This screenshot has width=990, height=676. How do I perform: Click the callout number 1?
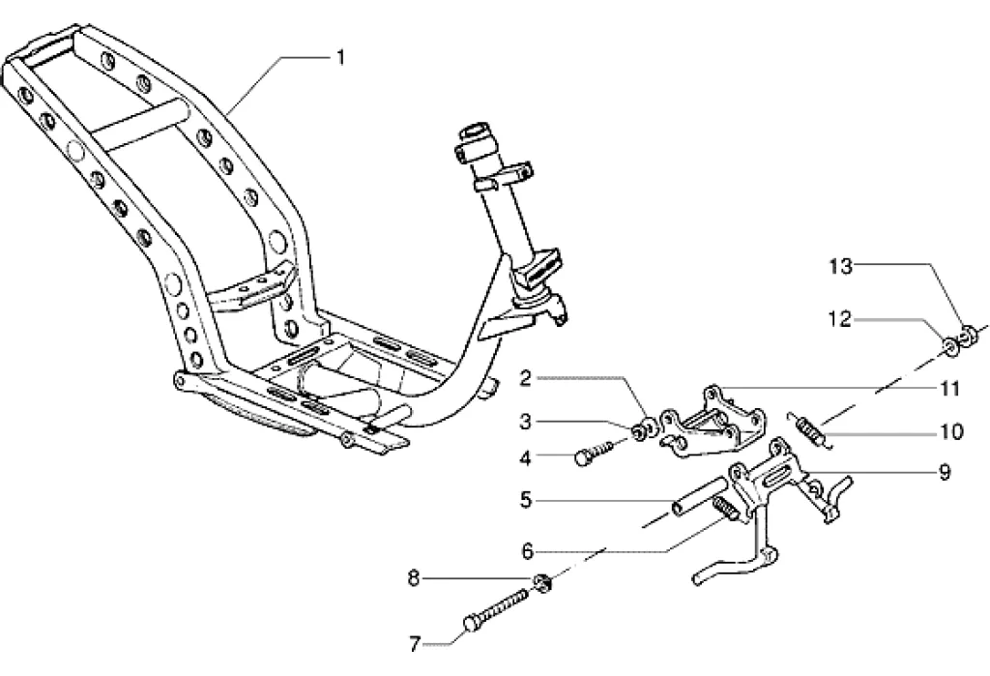click(x=341, y=58)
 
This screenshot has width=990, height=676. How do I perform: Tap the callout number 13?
click(x=841, y=267)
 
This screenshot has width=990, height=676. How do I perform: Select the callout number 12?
click(x=840, y=320)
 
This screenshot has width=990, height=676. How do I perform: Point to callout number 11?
click(x=950, y=389)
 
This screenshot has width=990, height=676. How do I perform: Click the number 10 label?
click(x=951, y=432)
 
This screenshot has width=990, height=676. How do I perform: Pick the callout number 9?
click(x=945, y=472)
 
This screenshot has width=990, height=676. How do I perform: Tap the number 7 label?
click(x=415, y=644)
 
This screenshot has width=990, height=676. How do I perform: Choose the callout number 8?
click(x=414, y=578)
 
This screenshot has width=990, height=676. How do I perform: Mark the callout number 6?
click(x=527, y=551)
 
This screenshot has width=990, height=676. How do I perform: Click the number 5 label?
click(x=526, y=501)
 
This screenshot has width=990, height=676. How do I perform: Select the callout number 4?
click(x=525, y=457)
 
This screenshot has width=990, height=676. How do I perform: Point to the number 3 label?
click(x=526, y=422)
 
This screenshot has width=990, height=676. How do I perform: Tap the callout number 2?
click(x=526, y=379)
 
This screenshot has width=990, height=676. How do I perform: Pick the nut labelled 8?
click(x=542, y=582)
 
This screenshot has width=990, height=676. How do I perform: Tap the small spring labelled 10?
click(x=810, y=430)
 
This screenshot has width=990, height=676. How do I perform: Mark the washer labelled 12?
click(x=949, y=345)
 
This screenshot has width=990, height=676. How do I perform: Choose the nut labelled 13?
click(x=968, y=335)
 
